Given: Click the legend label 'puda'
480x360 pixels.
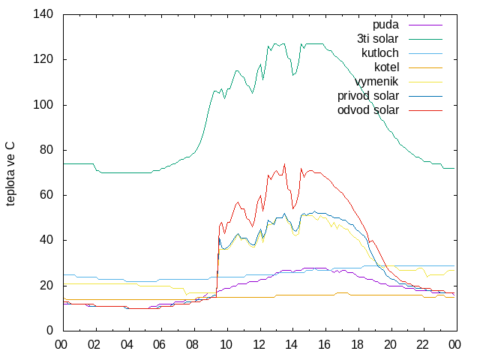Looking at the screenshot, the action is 385,25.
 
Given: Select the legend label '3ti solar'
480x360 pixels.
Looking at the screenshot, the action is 378,39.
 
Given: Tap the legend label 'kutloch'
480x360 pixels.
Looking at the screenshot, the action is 380,53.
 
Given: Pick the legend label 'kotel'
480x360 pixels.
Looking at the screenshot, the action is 387,67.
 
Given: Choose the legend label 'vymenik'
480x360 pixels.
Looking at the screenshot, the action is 376,82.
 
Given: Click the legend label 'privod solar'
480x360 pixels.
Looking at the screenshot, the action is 368,96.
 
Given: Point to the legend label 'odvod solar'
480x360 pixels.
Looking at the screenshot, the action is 368,110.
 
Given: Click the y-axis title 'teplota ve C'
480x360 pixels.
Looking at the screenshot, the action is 10,173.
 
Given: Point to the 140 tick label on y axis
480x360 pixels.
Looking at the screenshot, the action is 43,14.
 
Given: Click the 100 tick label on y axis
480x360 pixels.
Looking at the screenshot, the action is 43,105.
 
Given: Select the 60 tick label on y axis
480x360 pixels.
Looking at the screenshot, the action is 46,195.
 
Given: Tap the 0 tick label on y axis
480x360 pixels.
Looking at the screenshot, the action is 49,331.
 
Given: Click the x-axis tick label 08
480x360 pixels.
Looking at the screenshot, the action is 192,345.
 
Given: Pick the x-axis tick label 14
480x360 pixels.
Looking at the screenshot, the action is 291,345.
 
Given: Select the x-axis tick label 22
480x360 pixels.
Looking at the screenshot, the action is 422,345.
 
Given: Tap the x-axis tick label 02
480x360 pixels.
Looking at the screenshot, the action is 94,345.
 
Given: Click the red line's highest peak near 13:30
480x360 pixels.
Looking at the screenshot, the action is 285,163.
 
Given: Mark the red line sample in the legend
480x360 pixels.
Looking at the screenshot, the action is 425,110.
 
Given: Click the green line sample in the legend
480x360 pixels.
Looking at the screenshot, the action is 425,39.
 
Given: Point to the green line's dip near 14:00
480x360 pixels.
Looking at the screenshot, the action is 293,75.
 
